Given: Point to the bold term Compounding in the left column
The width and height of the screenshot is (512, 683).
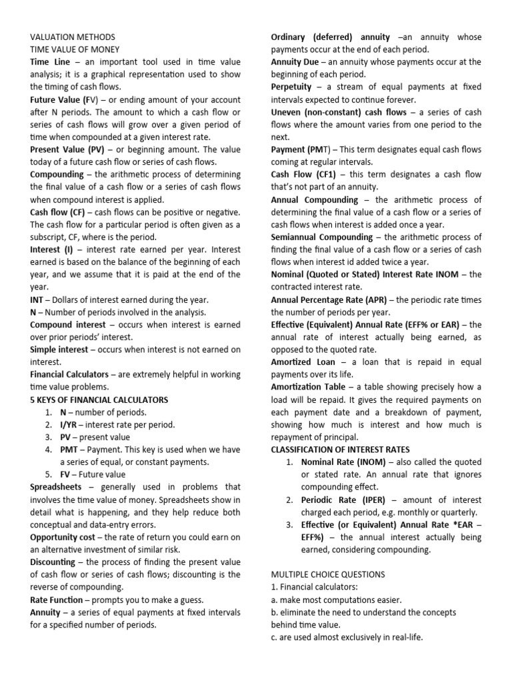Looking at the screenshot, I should (x=57, y=174).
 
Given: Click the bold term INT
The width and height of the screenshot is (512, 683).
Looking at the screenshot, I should (x=38, y=299).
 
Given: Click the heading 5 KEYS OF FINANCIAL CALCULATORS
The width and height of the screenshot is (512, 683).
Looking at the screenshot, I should (x=99, y=400).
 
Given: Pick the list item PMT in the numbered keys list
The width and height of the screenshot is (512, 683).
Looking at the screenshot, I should (x=71, y=450).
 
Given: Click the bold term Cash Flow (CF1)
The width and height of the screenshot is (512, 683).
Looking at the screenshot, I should (x=308, y=174).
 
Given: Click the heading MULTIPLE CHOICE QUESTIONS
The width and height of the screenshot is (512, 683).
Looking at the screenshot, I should (x=328, y=574).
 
